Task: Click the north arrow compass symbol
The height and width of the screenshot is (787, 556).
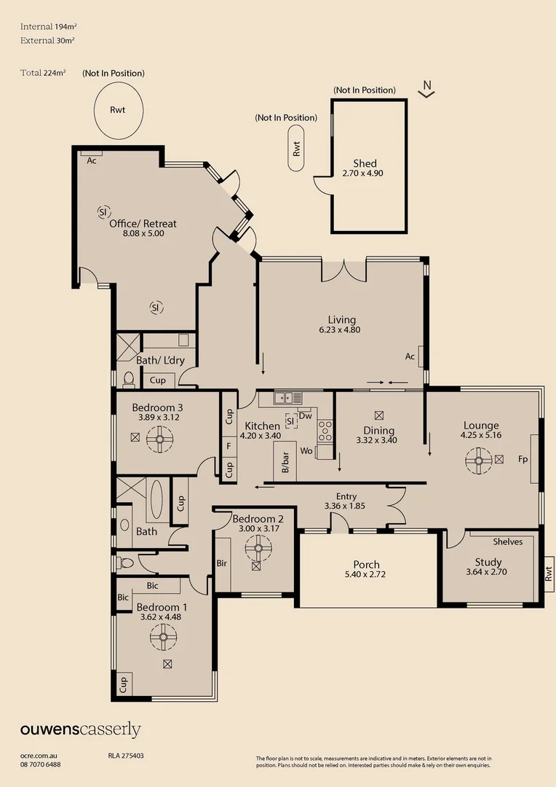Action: [x=428, y=89]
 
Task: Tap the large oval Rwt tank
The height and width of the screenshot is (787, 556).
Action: [x=117, y=110]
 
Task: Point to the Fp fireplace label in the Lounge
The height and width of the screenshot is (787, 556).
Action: [x=523, y=460]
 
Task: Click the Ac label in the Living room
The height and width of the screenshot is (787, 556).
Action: [x=410, y=356]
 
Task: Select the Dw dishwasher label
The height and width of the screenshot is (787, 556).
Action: [x=306, y=416]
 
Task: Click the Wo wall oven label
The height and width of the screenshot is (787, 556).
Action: [x=306, y=452]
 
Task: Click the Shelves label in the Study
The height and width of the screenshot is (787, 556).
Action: [x=507, y=541]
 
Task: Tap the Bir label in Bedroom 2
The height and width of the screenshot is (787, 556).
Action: [x=222, y=563]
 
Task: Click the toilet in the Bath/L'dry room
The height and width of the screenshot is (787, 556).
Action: [x=128, y=379]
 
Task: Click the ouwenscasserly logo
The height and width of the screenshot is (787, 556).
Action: [x=80, y=730]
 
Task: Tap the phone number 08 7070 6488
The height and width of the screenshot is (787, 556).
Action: [x=41, y=764]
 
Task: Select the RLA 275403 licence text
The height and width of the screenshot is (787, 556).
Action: [x=121, y=756]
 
